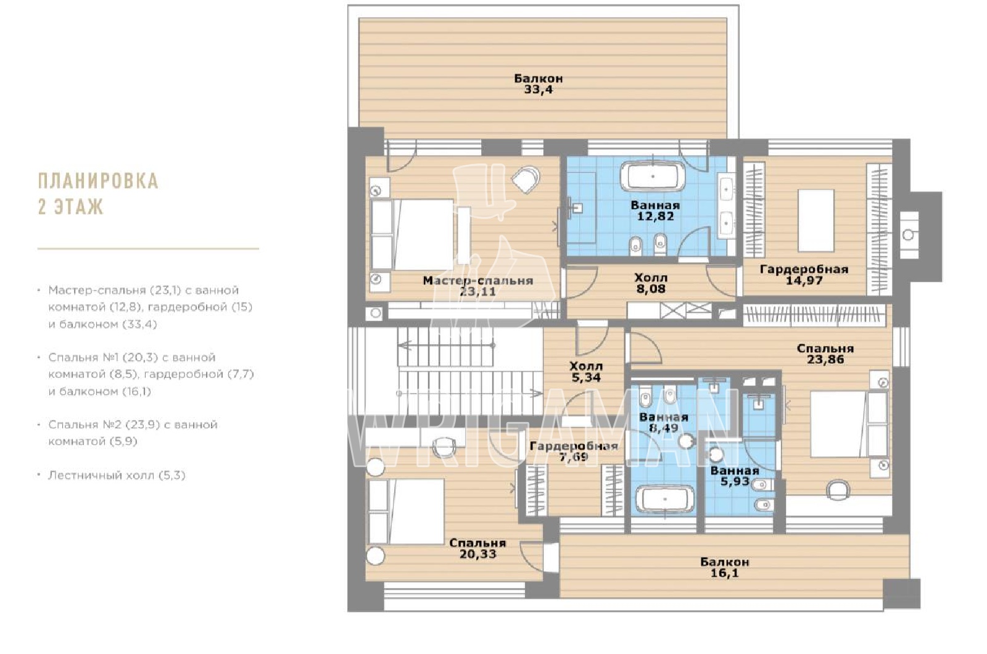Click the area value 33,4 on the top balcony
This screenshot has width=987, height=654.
coord(538,90)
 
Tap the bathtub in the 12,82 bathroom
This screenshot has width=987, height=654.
coord(652,176)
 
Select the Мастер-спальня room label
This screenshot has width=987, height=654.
coord(478,281)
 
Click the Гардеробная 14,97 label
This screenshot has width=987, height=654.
coord(804,275)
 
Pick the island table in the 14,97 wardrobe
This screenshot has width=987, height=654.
coord(816,220)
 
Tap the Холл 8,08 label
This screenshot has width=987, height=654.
coord(651,283)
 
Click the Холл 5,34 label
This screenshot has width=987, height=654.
coord(586,371)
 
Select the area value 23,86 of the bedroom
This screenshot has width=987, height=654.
coord(825,360)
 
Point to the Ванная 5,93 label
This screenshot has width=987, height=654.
coord(735,476)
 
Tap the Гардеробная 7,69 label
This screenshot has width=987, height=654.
coord(574,451)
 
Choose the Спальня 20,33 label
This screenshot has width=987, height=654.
coord(477,548)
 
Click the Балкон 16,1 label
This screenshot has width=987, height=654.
coord(724,568)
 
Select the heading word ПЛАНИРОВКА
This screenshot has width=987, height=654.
coord(98,181)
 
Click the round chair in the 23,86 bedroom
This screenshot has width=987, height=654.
coord(838,490)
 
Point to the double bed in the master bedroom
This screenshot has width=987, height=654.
coord(412,235)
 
